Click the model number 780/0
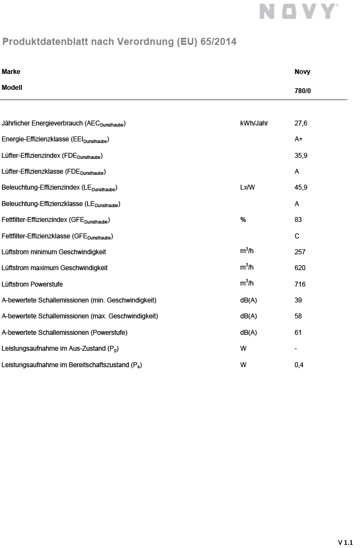302,91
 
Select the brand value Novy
302,72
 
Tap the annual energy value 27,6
301,123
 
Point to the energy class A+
299,139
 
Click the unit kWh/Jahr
254,123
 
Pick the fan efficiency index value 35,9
301,156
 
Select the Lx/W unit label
248,187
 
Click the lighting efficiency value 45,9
301,187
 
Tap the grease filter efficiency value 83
299,220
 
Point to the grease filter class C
297,236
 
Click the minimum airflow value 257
300,252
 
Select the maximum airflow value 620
300,268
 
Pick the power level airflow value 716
300,284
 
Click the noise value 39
299,300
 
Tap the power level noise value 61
299,333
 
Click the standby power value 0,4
299,365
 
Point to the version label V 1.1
345,543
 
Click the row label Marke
11,72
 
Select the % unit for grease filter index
243,220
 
